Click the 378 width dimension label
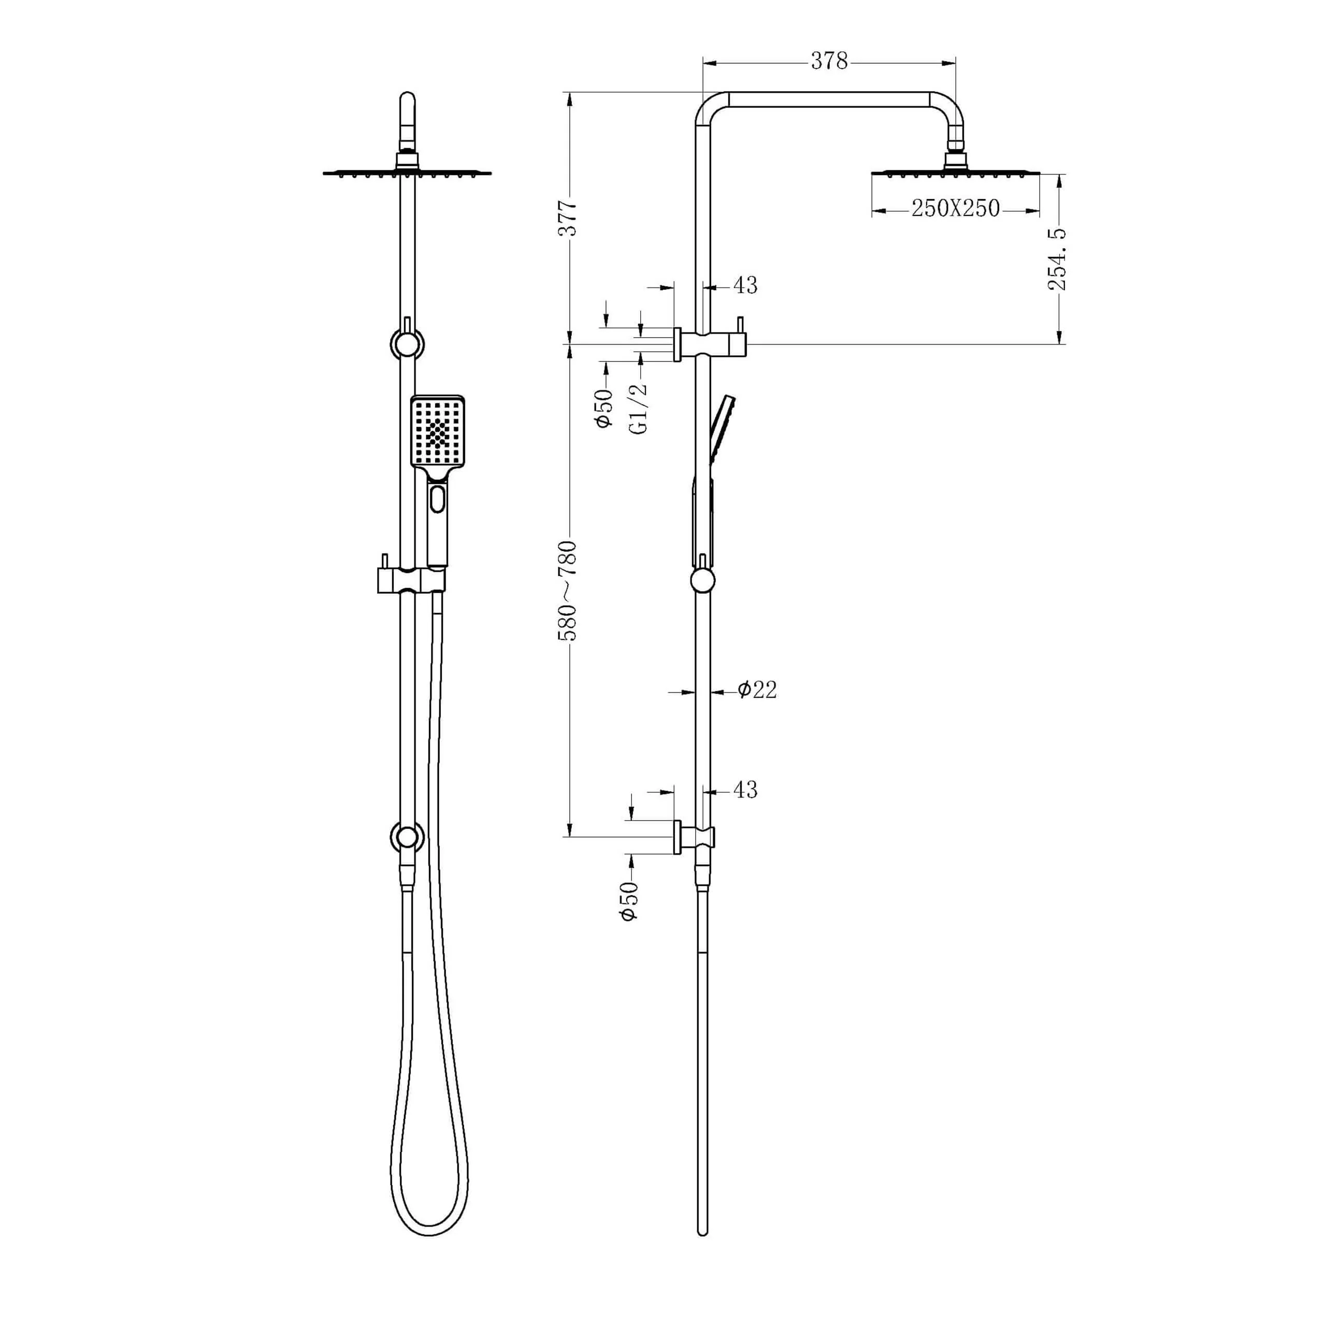click(829, 61)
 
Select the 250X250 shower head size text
click(955, 209)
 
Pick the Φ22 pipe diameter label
click(758, 690)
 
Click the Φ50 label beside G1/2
click(604, 408)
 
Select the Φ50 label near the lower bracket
click(629, 901)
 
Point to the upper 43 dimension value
click(745, 285)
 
